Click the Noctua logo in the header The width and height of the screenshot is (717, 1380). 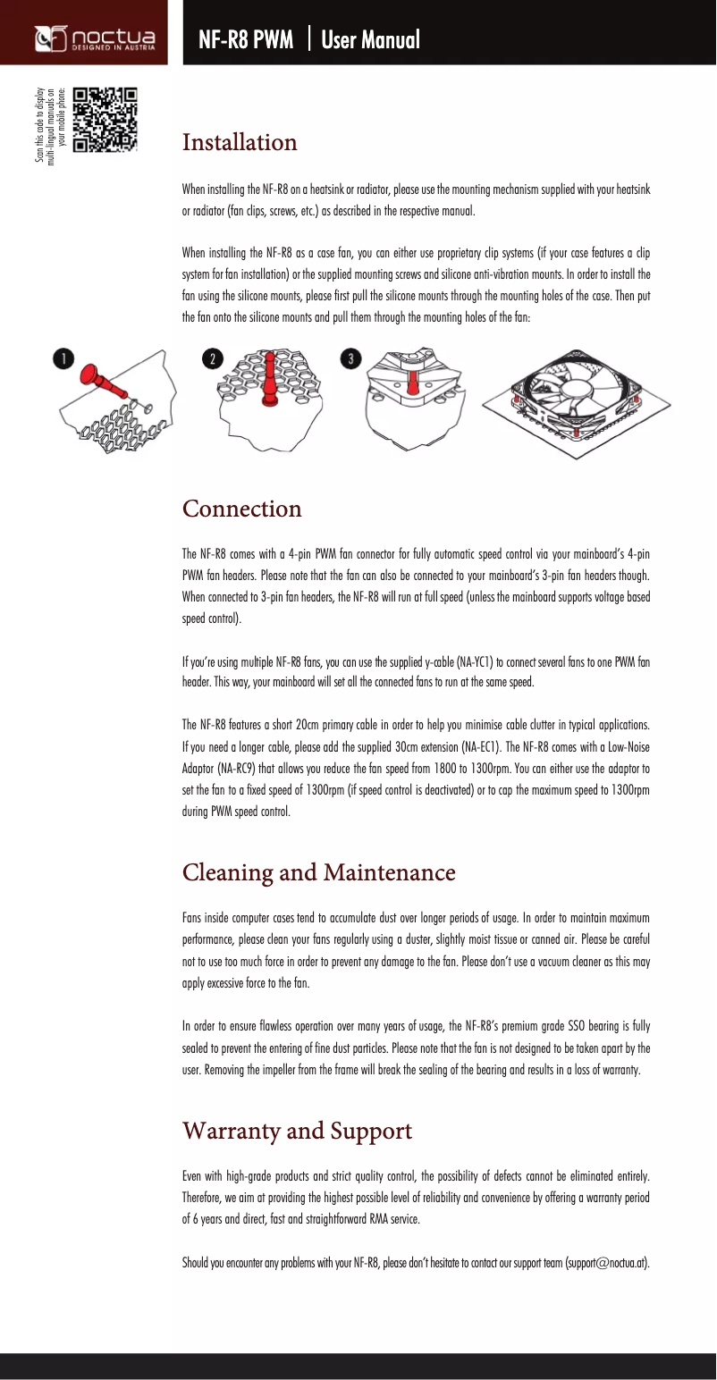[x=95, y=39]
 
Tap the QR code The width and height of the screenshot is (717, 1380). [x=105, y=119]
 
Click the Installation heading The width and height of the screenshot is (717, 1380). [x=240, y=142]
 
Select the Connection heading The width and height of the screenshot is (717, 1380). [x=242, y=509]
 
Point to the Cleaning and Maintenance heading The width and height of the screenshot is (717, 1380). [x=319, y=871]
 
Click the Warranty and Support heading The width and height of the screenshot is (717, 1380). [x=298, y=1131]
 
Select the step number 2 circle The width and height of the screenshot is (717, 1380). [x=212, y=358]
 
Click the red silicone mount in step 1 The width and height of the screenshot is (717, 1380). [x=102, y=379]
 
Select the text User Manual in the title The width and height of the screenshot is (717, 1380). [x=370, y=39]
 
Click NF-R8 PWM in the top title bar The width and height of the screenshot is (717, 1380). [x=246, y=39]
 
